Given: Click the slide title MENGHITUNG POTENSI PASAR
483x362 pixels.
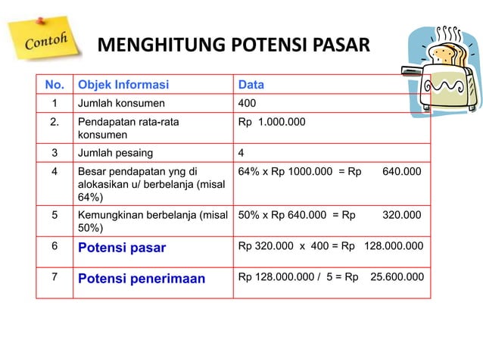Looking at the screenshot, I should [234, 47].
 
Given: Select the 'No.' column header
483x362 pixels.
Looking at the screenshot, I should [54, 84].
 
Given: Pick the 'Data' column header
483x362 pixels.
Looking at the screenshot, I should [251, 84].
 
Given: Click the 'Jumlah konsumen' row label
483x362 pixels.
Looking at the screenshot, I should [120, 103].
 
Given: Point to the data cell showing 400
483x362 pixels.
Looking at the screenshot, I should [247, 103].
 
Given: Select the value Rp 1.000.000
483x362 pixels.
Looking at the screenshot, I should [273, 121].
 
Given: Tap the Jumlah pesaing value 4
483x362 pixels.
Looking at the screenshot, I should [241, 153].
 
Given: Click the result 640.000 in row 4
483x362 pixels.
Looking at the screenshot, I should [402, 172].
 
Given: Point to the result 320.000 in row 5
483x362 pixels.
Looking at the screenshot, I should [402, 214].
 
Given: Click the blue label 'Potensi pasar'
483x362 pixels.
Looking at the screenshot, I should [122, 247].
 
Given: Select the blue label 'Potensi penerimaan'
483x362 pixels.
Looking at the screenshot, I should [142, 279].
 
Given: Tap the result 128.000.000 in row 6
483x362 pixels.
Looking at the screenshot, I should [394, 246].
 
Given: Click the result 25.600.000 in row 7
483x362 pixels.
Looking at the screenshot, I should [397, 277].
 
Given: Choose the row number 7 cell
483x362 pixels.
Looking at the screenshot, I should [55, 277].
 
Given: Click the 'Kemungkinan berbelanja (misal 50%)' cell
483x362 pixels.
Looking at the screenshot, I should [152, 220].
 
